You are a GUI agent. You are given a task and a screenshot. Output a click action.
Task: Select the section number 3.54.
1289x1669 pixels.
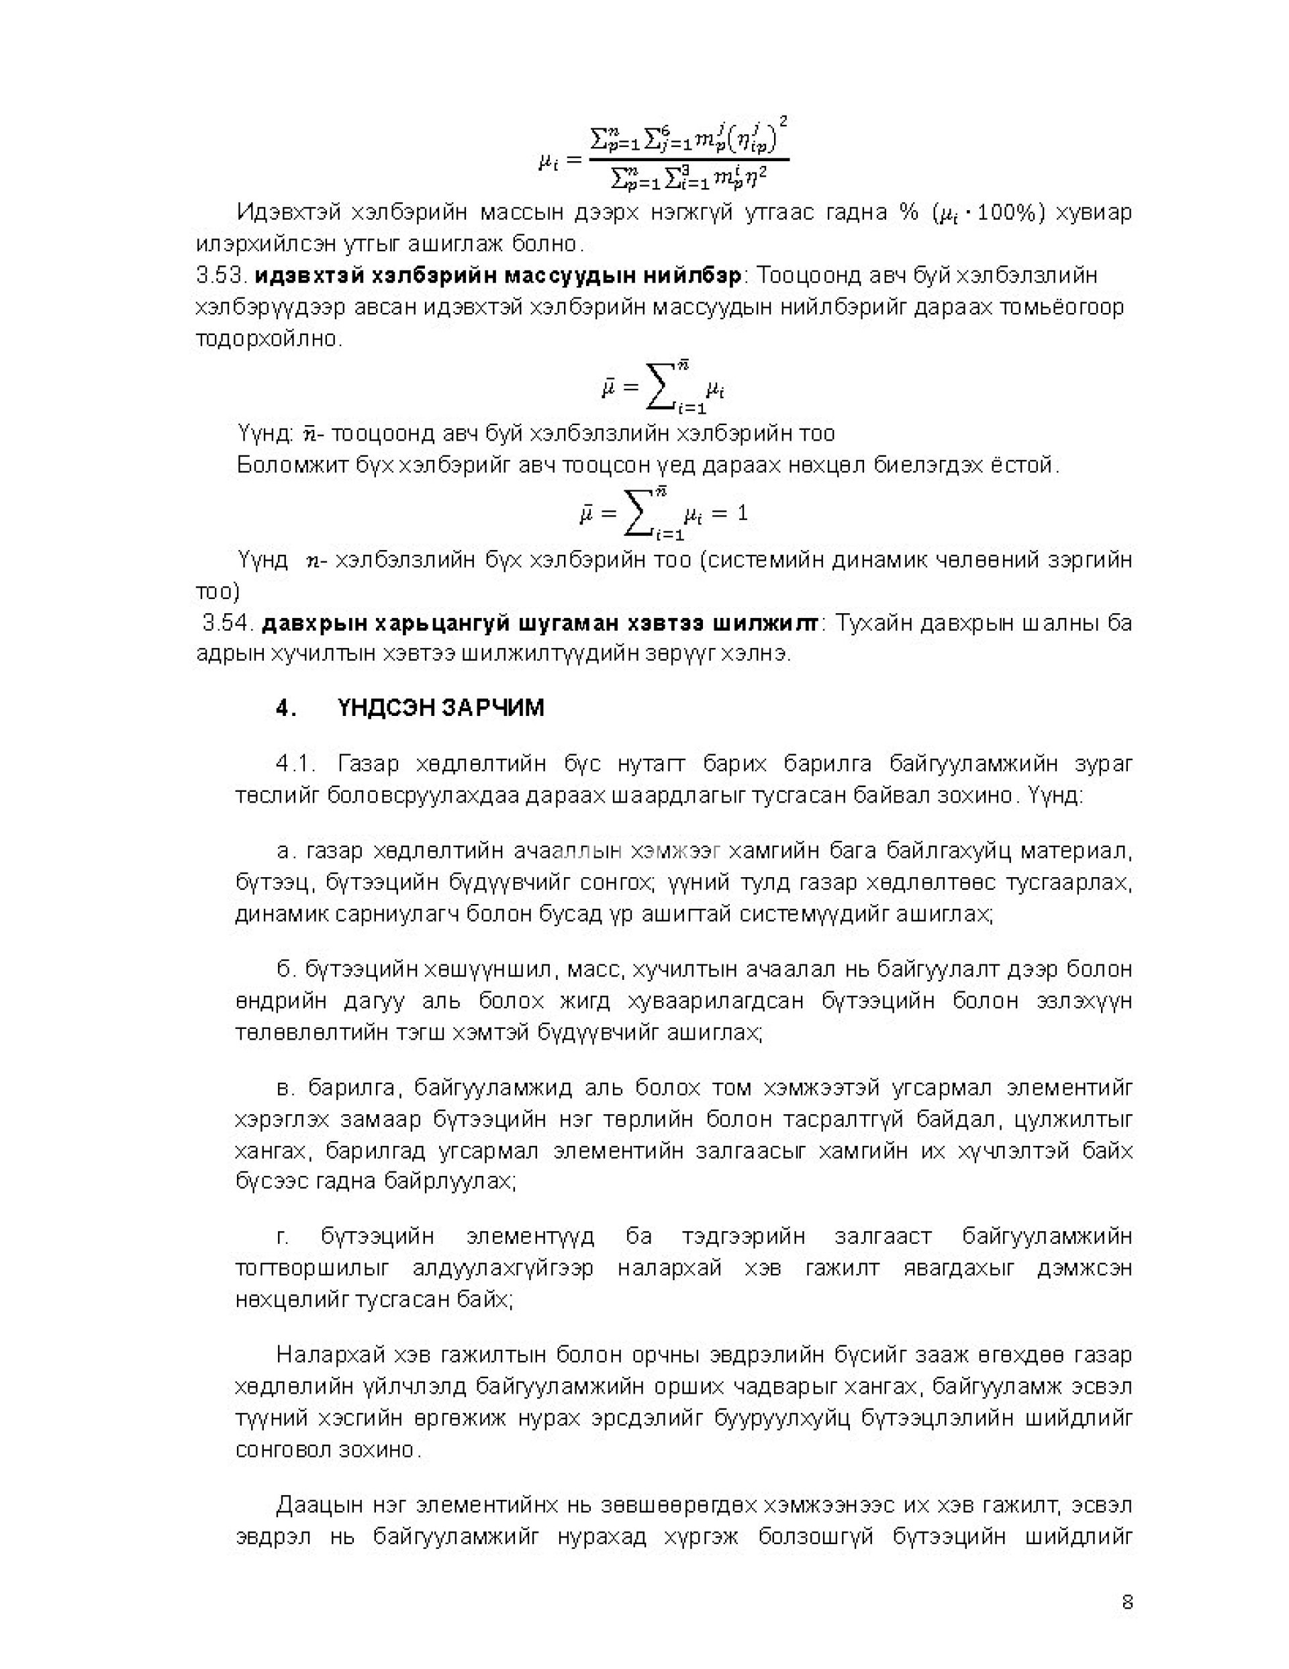point(227,623)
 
